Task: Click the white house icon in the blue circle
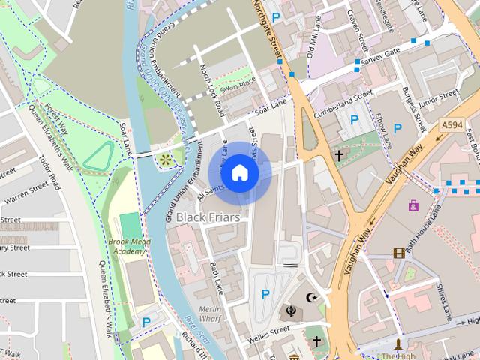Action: (239, 173)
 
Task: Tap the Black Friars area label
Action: (208, 217)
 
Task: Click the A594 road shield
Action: (451, 124)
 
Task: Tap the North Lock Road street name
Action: (211, 90)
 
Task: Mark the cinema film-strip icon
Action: (398, 253)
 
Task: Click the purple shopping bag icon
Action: (413, 204)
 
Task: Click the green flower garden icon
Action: (164, 159)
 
